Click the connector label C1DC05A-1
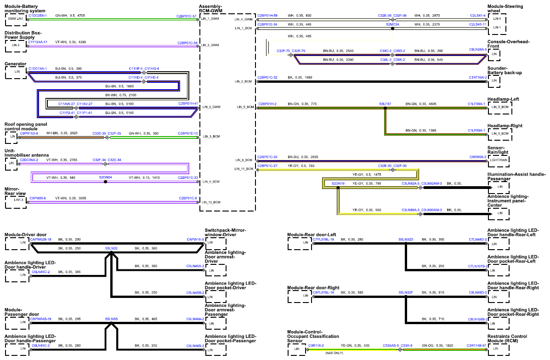click(x=38, y=16)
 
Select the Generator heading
click(x=16, y=64)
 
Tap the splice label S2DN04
click(x=106, y=177)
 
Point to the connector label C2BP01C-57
click(x=186, y=16)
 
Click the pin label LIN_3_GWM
click(x=211, y=107)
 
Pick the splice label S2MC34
click(x=392, y=24)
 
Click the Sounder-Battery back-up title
click(x=505, y=70)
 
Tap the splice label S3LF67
click(x=385, y=104)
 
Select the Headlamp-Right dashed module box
click(x=499, y=135)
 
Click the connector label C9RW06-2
click(x=478, y=157)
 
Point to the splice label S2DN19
click(x=338, y=183)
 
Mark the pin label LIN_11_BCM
click(x=244, y=169)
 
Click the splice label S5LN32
click(x=112, y=248)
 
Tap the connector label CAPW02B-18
click(x=41, y=240)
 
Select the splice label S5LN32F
click(x=406, y=292)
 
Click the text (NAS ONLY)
click(x=334, y=353)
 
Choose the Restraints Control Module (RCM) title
click(x=507, y=338)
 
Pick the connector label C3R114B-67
click(x=476, y=346)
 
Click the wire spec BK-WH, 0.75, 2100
click(x=121, y=95)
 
